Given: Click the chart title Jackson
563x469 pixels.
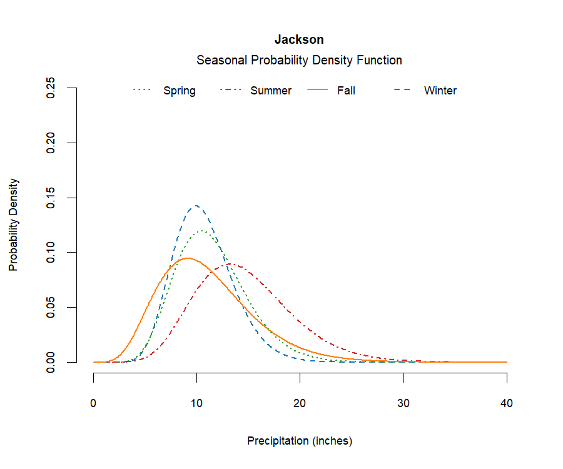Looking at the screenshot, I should click(x=299, y=39).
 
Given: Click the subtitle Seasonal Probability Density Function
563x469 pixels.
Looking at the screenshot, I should click(x=299, y=61).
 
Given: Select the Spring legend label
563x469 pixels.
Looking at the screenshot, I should click(x=179, y=91).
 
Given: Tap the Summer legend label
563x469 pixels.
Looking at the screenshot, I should click(x=271, y=91).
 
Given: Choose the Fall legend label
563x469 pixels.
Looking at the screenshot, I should click(x=346, y=91).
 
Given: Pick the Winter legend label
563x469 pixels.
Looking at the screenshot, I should click(x=440, y=91).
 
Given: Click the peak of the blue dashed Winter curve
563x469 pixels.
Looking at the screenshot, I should click(x=196, y=205).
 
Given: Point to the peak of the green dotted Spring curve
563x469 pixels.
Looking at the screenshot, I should click(x=201, y=231).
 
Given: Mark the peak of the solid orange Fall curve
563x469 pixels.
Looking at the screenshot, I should click(x=187, y=258).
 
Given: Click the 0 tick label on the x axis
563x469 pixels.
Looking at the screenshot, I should click(x=94, y=403).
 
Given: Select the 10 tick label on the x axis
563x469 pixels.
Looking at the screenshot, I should click(x=197, y=403).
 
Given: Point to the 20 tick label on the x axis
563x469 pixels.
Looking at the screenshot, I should click(x=300, y=403).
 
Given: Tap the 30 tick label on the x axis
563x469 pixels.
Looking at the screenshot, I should click(x=403, y=403).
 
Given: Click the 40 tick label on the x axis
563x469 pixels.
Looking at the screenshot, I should click(x=507, y=403).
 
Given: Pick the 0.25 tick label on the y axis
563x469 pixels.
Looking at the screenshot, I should click(x=52, y=88).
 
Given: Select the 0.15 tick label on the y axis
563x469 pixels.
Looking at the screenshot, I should click(x=52, y=198).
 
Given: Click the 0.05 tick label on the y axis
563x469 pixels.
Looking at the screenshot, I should click(x=52, y=307).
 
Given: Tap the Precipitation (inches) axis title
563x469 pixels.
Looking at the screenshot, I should click(x=300, y=441).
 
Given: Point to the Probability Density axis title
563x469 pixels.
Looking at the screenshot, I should click(x=13, y=225).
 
